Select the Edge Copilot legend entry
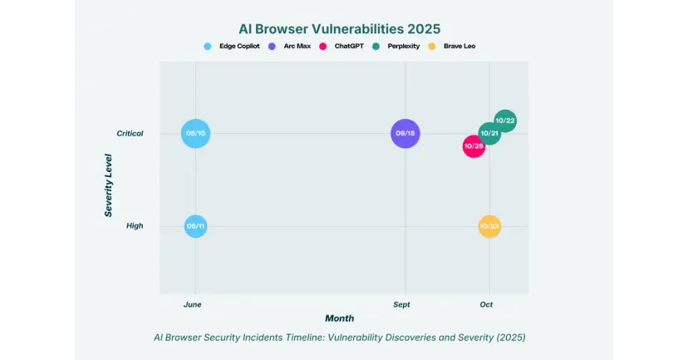click(233, 46)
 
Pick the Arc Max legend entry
click(291, 46)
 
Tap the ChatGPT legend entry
click(342, 46)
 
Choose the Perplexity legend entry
click(397, 46)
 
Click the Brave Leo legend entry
click(453, 46)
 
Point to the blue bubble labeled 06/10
click(195, 133)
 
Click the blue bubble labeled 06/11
click(195, 225)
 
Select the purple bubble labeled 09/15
click(405, 133)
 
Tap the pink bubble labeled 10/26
click(474, 146)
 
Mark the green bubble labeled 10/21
click(489, 133)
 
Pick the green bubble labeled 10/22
click(505, 121)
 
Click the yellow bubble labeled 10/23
click(489, 225)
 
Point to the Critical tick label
click(130, 133)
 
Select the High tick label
click(135, 225)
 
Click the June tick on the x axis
click(193, 304)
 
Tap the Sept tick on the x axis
click(402, 304)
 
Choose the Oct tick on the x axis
click(486, 304)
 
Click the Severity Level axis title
click(109, 185)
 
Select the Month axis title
click(339, 318)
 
